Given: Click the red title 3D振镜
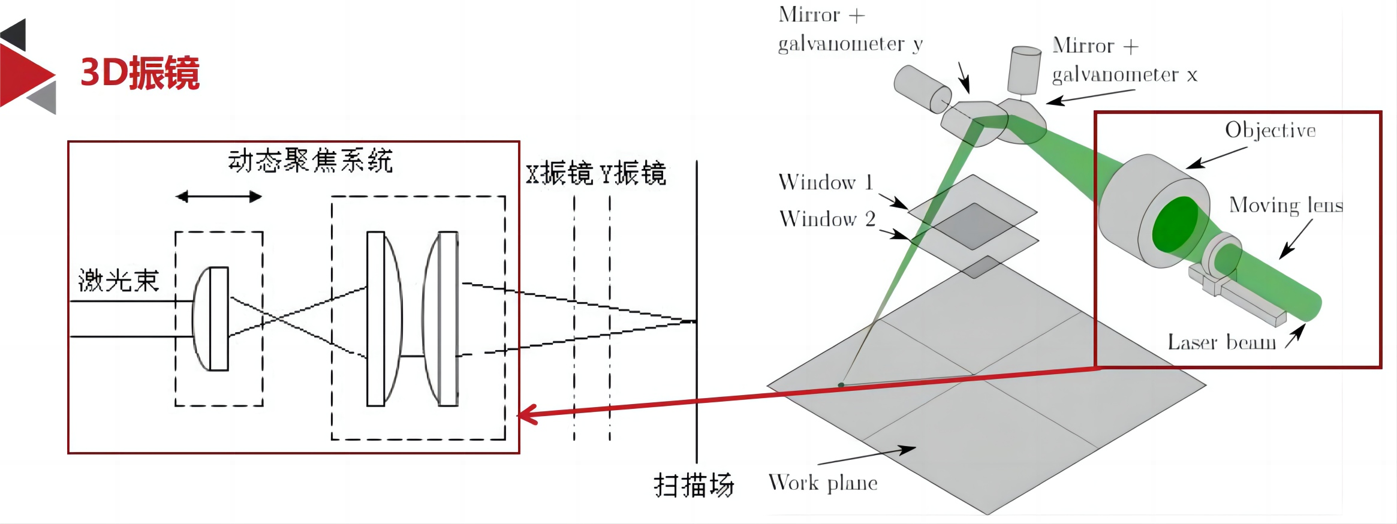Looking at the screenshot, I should click(x=140, y=73).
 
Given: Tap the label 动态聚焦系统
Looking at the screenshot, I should click(x=310, y=161).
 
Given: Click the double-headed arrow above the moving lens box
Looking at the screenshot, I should click(x=219, y=197).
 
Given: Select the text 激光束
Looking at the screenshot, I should click(x=119, y=281).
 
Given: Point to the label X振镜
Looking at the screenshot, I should click(x=559, y=174).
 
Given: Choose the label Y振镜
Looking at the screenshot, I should click(x=633, y=174).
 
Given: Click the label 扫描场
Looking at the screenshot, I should click(x=694, y=485).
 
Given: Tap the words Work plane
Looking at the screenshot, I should click(x=823, y=483).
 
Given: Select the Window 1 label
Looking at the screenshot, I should click(x=825, y=182).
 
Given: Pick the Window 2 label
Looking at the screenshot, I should click(x=827, y=219).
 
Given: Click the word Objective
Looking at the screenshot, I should click(x=1270, y=131).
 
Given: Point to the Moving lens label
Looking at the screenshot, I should click(x=1285, y=206).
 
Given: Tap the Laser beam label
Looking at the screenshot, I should click(x=1221, y=342).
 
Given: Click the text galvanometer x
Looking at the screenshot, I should click(x=1124, y=75).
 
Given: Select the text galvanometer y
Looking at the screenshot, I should click(x=850, y=44).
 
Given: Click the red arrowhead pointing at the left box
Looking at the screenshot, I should click(x=526, y=414).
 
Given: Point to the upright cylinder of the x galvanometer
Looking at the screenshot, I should click(x=1024, y=70).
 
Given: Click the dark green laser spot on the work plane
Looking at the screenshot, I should click(x=841, y=385).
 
